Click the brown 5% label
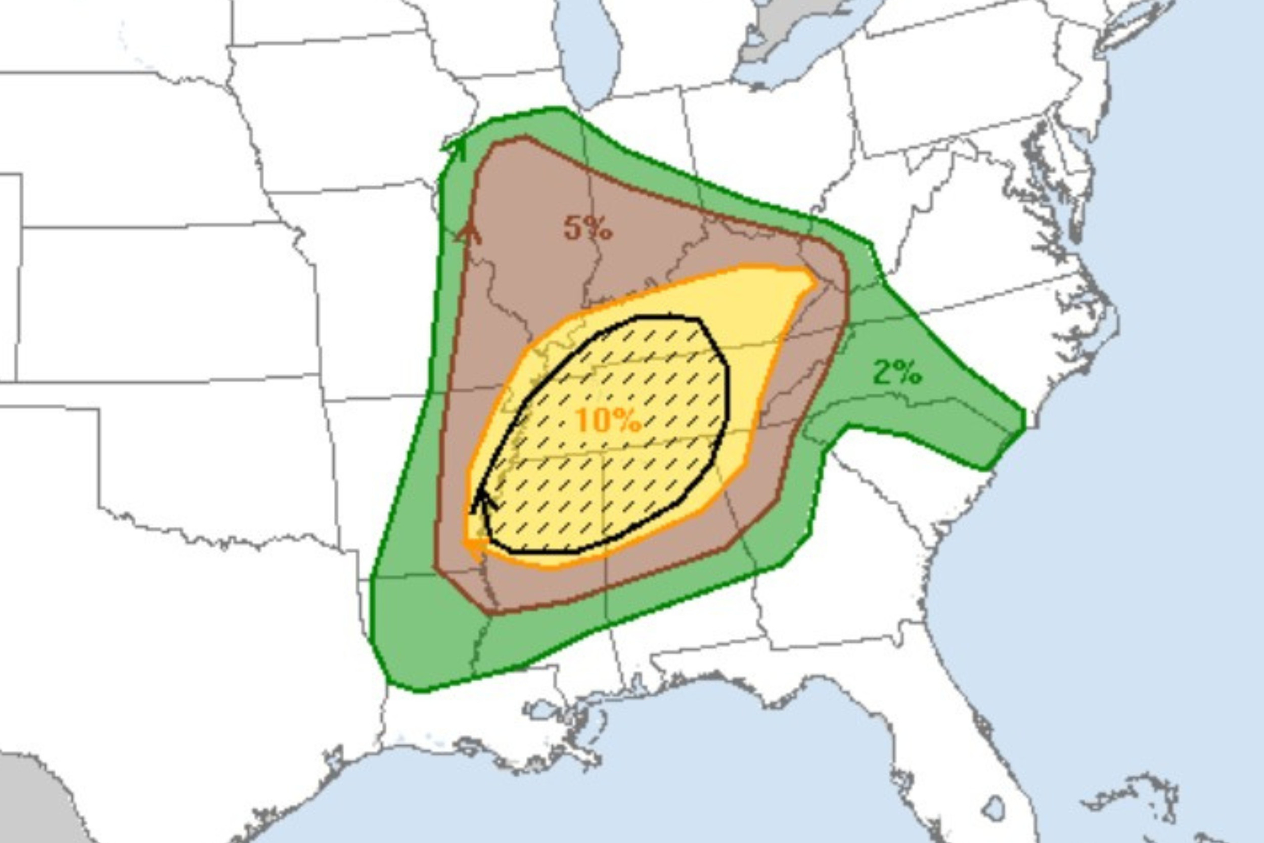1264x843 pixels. click(x=588, y=229)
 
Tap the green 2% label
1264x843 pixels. click(x=896, y=372)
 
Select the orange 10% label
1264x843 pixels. click(x=608, y=420)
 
